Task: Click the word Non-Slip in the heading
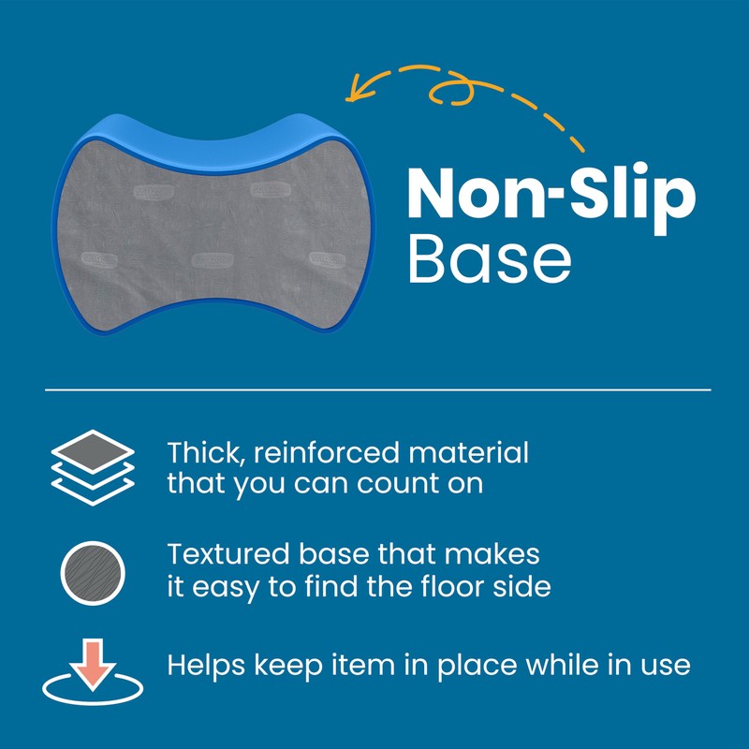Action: [x=551, y=194]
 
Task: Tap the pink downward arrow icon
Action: [x=92, y=664]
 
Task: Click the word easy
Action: [x=229, y=588]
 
